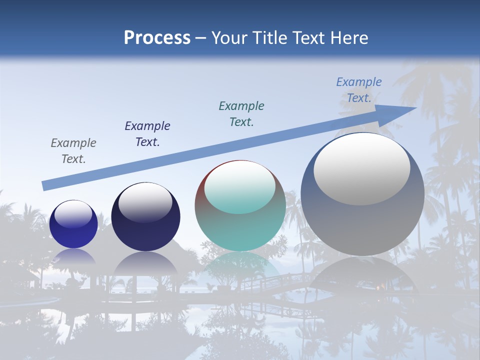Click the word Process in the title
point(157,38)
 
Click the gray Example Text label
point(73,151)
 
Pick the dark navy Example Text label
point(147,134)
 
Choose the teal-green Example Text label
point(241,114)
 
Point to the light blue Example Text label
point(358,90)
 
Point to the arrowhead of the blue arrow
point(400,112)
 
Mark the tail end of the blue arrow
point(45,185)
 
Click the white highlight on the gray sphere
point(361,169)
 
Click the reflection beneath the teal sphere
point(240,265)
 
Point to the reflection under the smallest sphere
point(73,256)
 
